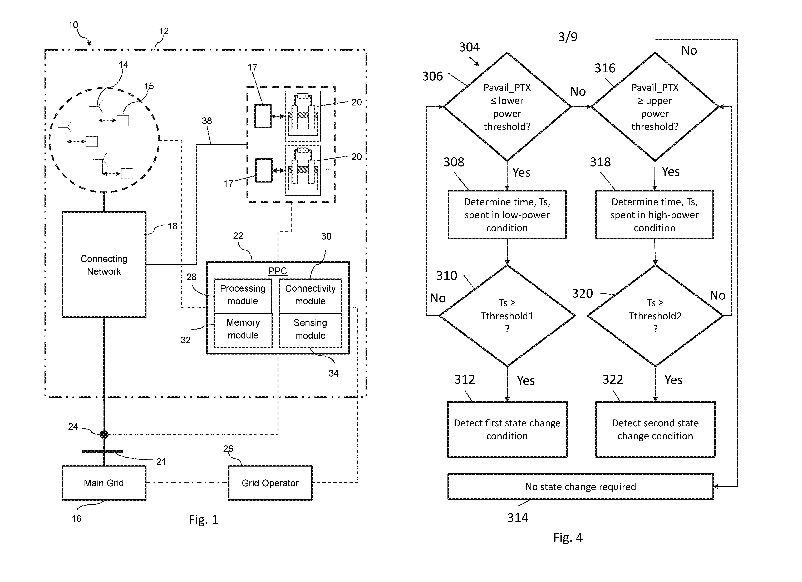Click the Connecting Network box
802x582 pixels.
click(104, 265)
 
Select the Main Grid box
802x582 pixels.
click(104, 483)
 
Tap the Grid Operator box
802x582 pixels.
click(270, 483)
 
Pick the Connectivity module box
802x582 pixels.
click(311, 295)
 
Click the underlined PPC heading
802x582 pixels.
click(278, 271)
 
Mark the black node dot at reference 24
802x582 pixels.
click(104, 434)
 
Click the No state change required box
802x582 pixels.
click(581, 487)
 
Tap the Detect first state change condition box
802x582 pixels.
click(507, 429)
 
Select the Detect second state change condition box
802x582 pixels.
click(655, 429)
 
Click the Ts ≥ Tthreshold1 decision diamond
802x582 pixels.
click(507, 316)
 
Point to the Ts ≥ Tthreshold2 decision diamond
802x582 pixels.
click(655, 316)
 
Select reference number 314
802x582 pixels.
click(517, 518)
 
